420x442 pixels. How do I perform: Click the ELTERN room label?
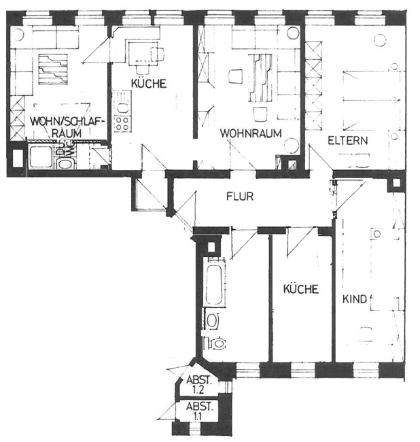coord(347,141)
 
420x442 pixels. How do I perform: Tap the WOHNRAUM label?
coord(250,133)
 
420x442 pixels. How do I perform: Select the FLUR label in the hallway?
coord(240,197)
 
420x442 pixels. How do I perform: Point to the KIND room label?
coord(355,299)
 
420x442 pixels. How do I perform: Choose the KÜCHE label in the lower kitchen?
coord(300,289)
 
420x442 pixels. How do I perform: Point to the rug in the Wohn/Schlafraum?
coord(52,68)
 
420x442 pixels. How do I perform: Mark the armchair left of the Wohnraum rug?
coord(236,75)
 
